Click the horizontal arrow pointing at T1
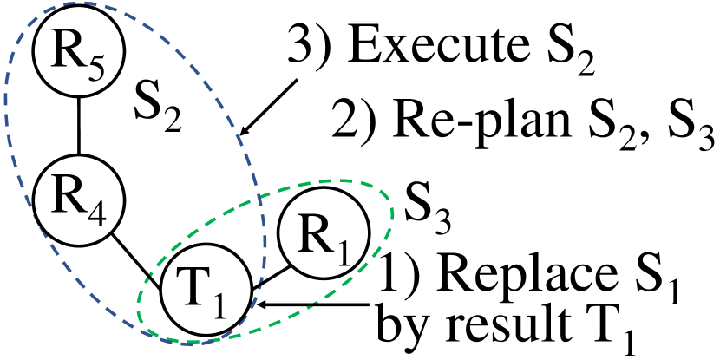tap(321, 304)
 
